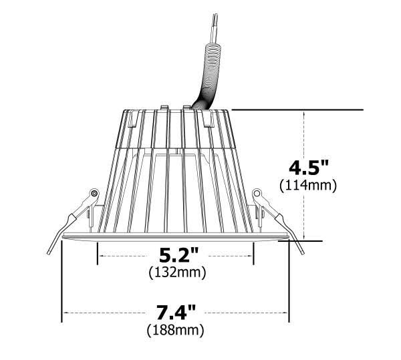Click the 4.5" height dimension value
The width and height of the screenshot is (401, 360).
[x=308, y=168]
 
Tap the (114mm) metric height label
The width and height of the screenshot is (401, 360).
[x=308, y=185]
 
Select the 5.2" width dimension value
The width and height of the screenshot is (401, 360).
[x=178, y=255]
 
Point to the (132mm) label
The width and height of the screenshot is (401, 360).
[x=177, y=273]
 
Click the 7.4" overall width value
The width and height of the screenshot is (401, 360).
[x=176, y=312]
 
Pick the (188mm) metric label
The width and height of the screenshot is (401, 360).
[x=175, y=330]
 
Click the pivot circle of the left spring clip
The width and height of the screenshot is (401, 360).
[x=94, y=193]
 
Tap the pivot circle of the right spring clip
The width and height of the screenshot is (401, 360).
[x=257, y=193]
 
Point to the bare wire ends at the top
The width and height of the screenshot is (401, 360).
[x=215, y=29]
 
